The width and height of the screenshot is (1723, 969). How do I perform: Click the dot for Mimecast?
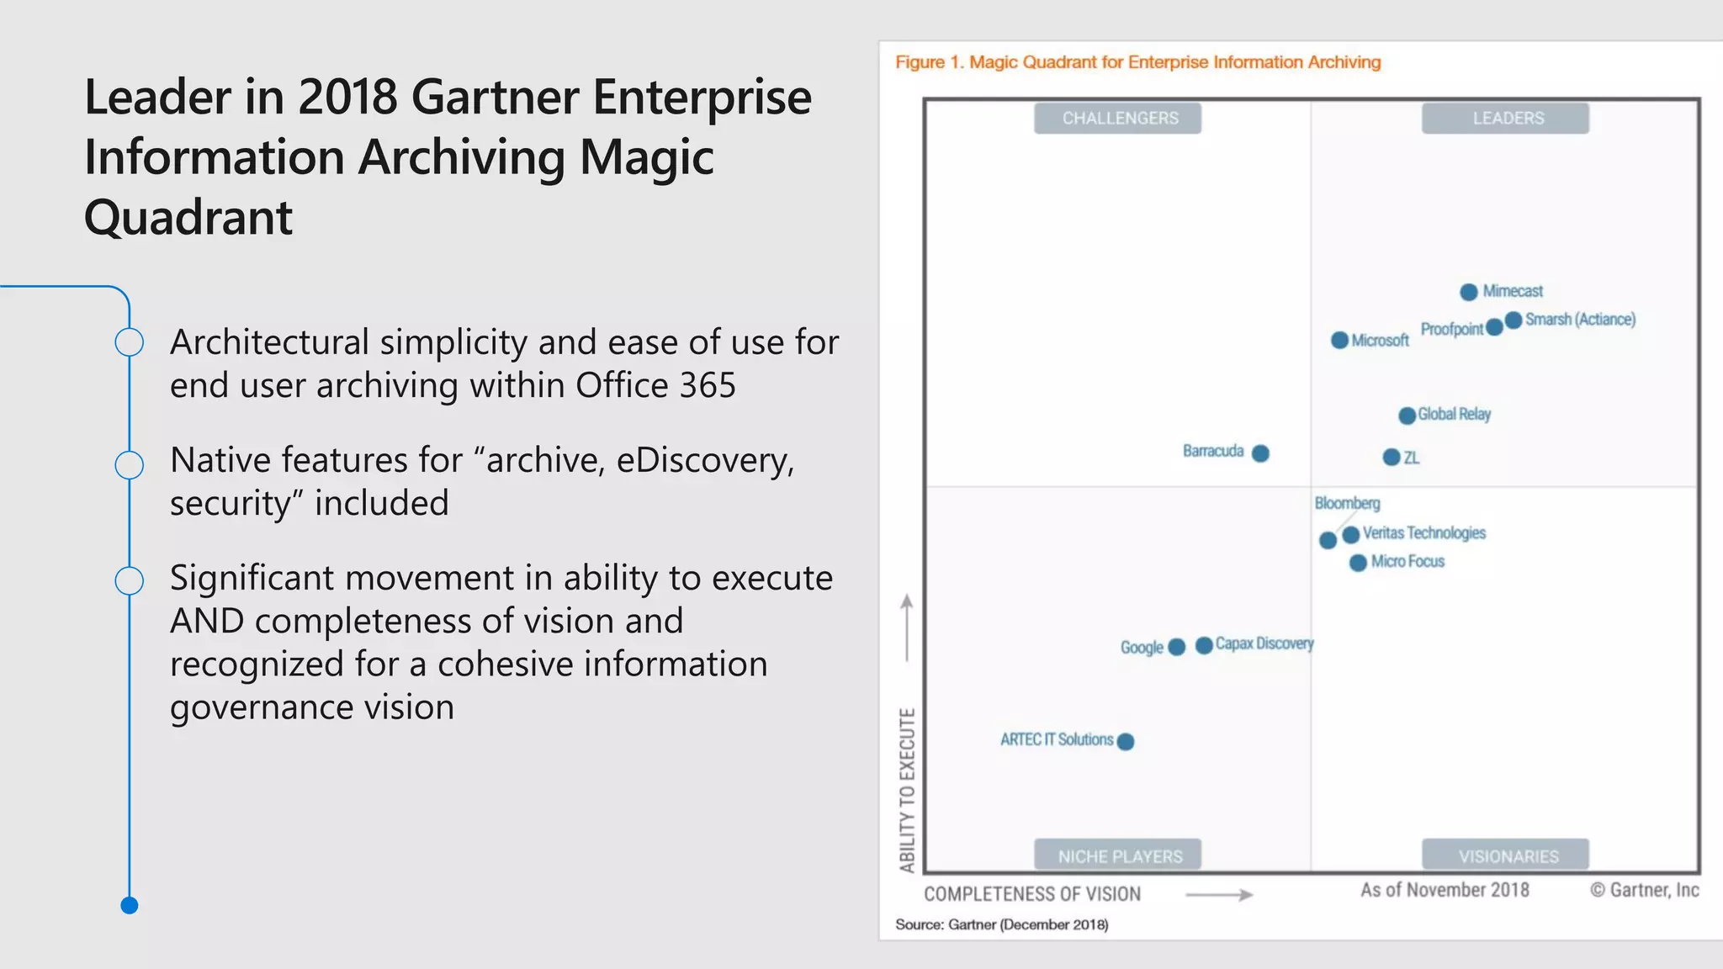click(x=1468, y=292)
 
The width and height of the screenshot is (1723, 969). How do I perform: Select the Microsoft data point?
click(x=1339, y=340)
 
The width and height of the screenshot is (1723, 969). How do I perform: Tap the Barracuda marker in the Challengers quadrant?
click(x=1259, y=453)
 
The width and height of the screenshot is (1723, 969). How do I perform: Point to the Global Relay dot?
click(x=1407, y=416)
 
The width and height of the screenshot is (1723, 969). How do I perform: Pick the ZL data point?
click(x=1392, y=457)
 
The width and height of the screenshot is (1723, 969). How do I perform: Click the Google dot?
click(x=1176, y=646)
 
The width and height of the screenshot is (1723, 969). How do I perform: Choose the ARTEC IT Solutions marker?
click(x=1126, y=741)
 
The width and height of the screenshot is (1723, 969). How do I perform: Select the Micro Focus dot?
click(x=1357, y=563)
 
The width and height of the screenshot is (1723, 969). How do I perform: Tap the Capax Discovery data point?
click(x=1204, y=645)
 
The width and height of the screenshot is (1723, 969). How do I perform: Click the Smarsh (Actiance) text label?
click(x=1580, y=320)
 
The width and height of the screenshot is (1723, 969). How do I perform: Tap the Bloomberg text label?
click(x=1347, y=503)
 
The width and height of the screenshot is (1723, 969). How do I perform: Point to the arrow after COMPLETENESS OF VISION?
click(x=1219, y=895)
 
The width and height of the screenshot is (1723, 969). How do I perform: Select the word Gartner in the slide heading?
click(x=496, y=97)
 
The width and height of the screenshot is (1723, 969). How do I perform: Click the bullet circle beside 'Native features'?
click(x=130, y=464)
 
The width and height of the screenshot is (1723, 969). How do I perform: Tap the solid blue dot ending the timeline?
click(x=130, y=905)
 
